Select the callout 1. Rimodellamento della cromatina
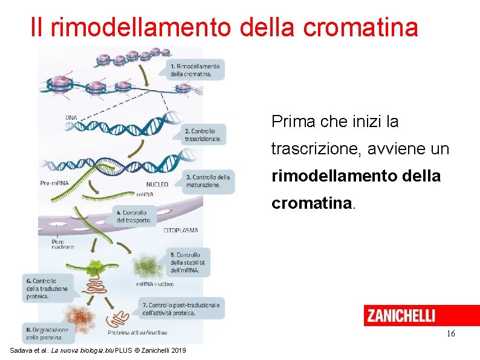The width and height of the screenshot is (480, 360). [x=194, y=70]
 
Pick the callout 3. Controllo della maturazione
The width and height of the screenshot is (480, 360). [x=207, y=181]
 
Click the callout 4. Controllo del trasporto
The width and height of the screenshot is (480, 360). [x=134, y=217]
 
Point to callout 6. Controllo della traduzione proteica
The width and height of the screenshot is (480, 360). [x=48, y=289]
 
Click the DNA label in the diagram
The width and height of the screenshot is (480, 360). [x=71, y=117]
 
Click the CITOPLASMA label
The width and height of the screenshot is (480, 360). [x=180, y=231]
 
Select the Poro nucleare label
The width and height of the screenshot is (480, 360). [x=62, y=243]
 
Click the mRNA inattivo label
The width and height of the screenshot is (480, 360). [x=155, y=284]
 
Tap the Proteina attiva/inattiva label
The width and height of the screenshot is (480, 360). [x=137, y=332]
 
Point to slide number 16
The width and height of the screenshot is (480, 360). [x=450, y=334]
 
